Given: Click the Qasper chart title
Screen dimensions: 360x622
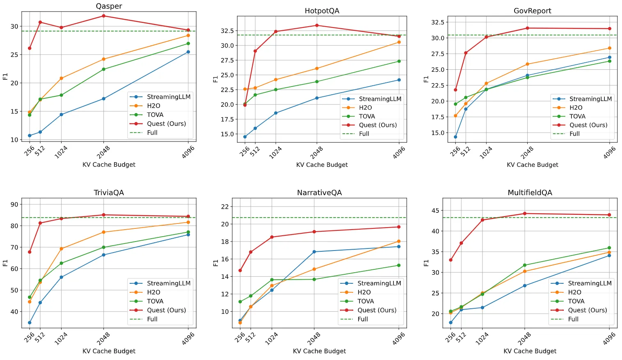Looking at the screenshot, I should (x=109, y=6).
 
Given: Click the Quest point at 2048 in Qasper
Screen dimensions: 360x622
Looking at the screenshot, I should (x=103, y=16).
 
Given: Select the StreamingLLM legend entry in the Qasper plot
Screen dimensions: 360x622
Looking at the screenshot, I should (x=168, y=97).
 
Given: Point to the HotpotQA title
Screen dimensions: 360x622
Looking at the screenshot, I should (x=322, y=11).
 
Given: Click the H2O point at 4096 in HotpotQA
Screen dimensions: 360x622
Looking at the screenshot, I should (x=399, y=42).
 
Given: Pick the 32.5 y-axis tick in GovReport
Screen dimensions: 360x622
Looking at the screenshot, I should (x=437, y=22).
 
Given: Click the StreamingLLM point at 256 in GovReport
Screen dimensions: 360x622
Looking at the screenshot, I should (x=455, y=137).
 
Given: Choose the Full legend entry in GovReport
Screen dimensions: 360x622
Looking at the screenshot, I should (x=574, y=134).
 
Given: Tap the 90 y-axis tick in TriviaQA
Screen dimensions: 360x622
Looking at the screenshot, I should (x=14, y=204).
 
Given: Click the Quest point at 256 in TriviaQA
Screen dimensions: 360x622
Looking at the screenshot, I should (x=30, y=252).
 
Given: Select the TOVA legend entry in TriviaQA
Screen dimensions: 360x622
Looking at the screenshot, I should (x=155, y=301).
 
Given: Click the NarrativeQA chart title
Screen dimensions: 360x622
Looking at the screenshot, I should (x=319, y=193).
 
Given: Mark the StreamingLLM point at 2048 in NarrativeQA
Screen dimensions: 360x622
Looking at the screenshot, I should (x=314, y=252).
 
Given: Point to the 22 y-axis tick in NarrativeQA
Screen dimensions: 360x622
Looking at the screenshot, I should (x=225, y=207).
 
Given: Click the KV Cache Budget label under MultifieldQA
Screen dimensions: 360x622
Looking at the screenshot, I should (x=530, y=351).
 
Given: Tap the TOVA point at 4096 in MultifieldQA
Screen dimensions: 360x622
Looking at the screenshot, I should (x=609, y=248).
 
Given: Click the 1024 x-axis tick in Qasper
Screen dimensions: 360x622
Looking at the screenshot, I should (x=61, y=153).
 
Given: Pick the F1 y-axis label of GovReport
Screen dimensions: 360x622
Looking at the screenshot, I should (x=426, y=79).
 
